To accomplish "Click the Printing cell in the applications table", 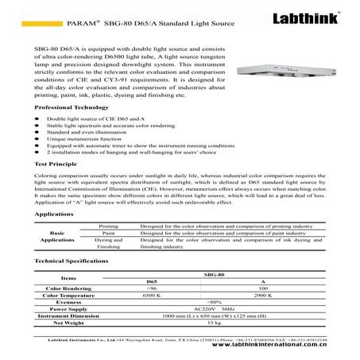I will pyautogui.click(x=108, y=226).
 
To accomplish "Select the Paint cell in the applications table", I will pyautogui.click(x=108, y=233).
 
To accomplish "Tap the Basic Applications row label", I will pyautogui.click(x=57, y=236).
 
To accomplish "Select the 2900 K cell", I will pyautogui.click(x=263, y=295).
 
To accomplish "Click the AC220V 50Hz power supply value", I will pyautogui.click(x=213, y=309).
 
